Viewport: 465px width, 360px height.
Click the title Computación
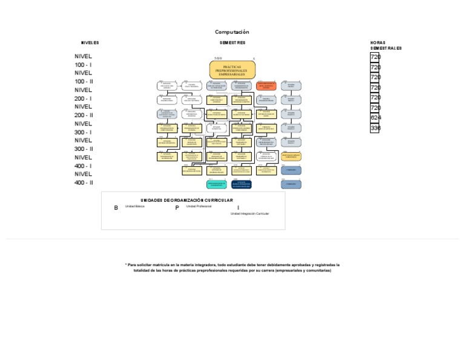(232, 32)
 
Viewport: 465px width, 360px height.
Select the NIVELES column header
(90, 43)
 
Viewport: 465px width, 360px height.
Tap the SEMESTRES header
(232, 43)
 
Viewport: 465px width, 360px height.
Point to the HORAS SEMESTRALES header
(386, 45)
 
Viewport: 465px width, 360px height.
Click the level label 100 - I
(83, 65)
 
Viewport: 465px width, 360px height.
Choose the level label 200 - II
(84, 115)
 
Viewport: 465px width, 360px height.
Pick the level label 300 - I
(83, 132)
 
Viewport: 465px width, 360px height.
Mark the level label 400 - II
(84, 182)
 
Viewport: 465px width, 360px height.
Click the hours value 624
(375, 118)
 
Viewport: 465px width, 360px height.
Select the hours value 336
(375, 128)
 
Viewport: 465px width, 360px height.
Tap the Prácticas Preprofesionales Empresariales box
(232, 70)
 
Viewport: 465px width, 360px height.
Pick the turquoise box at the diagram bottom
(217, 184)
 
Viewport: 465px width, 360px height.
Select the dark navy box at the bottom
(242, 184)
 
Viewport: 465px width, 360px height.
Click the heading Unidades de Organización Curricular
(186, 200)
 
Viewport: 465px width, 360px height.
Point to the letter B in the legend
(116, 208)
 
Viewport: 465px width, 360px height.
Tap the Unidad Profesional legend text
(199, 207)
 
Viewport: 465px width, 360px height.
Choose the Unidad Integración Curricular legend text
(249, 214)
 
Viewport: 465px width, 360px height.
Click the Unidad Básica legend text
(135, 207)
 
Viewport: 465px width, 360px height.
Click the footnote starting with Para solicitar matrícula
(232, 268)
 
